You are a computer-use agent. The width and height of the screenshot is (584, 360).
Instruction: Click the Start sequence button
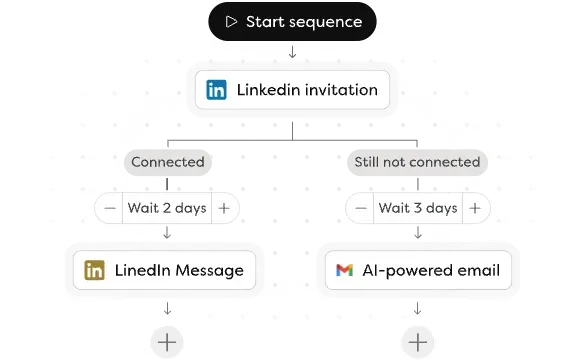pyautogui.click(x=292, y=21)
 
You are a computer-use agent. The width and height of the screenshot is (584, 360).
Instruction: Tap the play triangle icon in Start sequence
pyautogui.click(x=232, y=21)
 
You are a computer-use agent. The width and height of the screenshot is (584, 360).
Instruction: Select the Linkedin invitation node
pyautogui.click(x=292, y=90)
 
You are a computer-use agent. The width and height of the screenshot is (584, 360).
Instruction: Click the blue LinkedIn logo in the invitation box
pyautogui.click(x=216, y=90)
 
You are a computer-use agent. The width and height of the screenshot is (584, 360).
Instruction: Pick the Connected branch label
pyautogui.click(x=167, y=162)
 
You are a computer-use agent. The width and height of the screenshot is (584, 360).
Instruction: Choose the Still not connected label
pyautogui.click(x=416, y=162)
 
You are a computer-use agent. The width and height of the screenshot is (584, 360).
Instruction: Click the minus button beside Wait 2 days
pyautogui.click(x=109, y=209)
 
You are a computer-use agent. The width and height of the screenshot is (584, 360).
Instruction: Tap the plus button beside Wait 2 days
pyautogui.click(x=224, y=209)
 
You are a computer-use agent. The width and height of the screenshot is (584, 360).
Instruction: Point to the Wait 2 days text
pyautogui.click(x=166, y=209)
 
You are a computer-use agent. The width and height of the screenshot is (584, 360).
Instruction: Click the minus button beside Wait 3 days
pyautogui.click(x=359, y=209)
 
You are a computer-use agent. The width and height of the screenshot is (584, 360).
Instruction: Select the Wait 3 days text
pyautogui.click(x=417, y=209)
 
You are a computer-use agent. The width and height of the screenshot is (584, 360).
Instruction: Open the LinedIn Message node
pyautogui.click(x=165, y=270)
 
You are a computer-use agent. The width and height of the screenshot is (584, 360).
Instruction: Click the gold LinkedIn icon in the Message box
pyautogui.click(x=95, y=270)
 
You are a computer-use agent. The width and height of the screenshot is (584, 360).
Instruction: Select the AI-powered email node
pyautogui.click(x=417, y=270)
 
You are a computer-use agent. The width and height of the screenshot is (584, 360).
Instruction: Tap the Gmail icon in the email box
pyautogui.click(x=345, y=270)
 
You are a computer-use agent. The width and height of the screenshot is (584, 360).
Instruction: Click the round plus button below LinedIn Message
pyautogui.click(x=167, y=342)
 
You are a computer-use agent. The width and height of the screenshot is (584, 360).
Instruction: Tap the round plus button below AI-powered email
pyautogui.click(x=417, y=342)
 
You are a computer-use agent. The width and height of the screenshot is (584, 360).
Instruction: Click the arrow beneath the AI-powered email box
pyautogui.click(x=417, y=309)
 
